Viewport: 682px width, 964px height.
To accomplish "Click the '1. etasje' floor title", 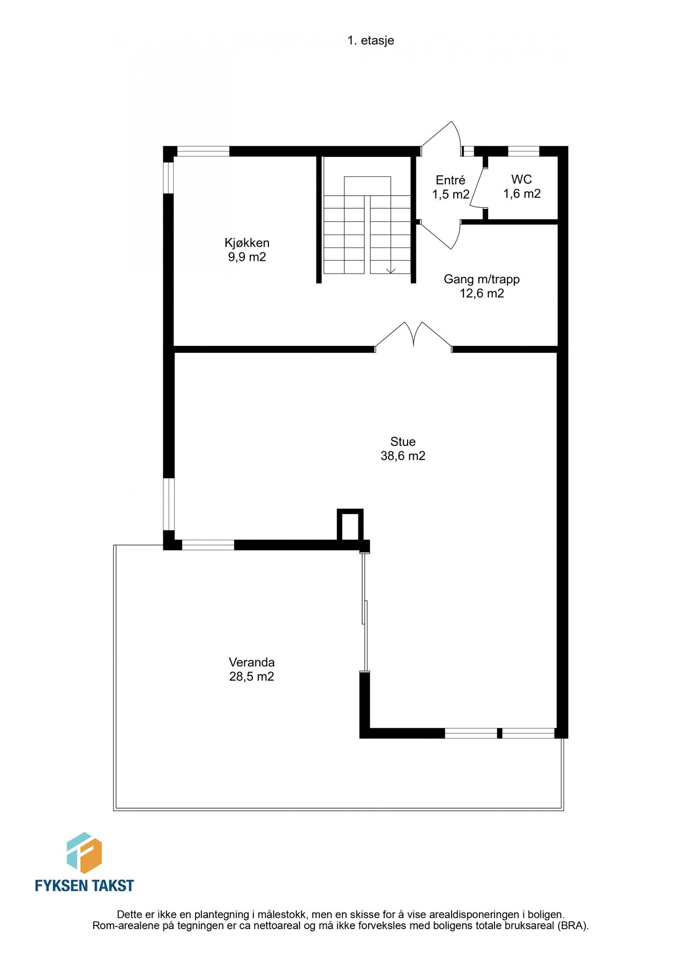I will click(370, 40).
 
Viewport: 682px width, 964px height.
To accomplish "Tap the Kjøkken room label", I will click(247, 243).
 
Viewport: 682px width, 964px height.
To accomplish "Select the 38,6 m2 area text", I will click(403, 456).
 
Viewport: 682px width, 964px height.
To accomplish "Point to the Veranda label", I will click(251, 662).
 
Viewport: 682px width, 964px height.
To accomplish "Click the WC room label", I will click(521, 179).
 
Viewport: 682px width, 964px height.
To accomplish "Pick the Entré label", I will click(450, 180).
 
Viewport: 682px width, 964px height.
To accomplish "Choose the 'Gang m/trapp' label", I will click(482, 279).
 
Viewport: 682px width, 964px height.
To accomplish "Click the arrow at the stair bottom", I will click(391, 270).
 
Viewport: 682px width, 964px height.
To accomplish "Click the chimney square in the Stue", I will click(350, 525).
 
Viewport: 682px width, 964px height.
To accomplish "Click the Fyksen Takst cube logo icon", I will click(84, 853).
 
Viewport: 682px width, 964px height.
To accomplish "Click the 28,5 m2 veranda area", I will click(251, 676).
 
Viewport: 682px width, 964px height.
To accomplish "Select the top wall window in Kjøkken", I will click(203, 152).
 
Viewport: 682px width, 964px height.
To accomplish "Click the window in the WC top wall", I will click(523, 152).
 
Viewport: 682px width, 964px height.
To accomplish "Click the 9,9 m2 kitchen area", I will click(247, 257).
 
